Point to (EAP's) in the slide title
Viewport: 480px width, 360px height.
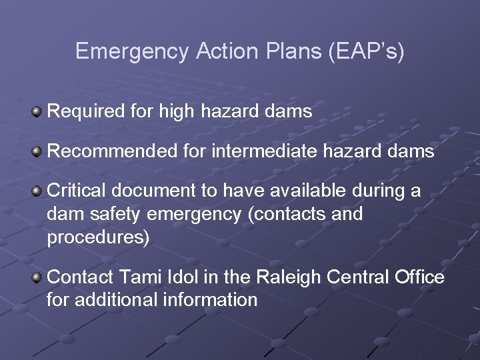pos(366,52)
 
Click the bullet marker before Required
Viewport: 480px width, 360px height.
pos(37,111)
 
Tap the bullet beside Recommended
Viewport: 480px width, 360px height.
pos(37,151)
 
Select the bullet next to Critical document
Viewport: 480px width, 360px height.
pos(37,192)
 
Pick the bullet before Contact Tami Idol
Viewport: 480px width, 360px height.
pos(37,276)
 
